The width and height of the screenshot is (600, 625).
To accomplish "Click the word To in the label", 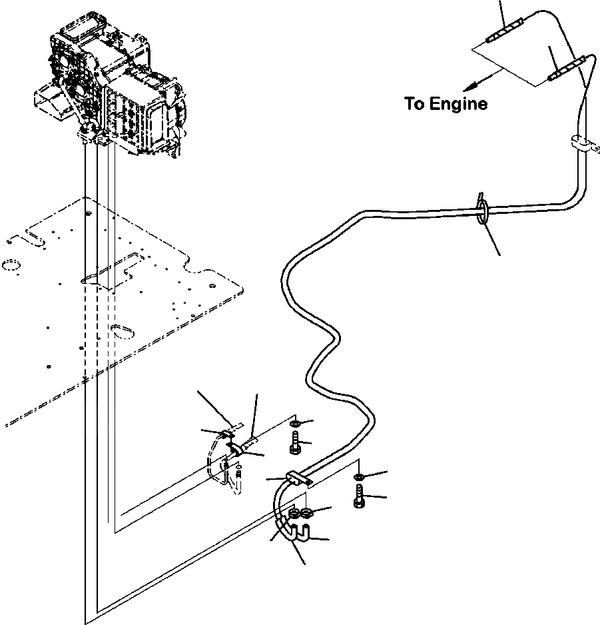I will [414, 104].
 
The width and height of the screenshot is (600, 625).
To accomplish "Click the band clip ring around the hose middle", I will [482, 209].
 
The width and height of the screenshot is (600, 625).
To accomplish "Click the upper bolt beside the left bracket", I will [296, 444].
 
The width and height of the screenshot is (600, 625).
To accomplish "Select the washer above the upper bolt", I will [296, 424].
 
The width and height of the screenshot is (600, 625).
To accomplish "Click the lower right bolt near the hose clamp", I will [359, 498].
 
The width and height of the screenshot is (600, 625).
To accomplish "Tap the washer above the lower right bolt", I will [359, 477].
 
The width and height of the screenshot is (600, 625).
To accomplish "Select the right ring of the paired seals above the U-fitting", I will [308, 514].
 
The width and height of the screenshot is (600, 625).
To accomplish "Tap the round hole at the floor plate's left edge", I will [11, 266].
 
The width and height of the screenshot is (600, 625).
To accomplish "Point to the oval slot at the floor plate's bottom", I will [121, 330].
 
